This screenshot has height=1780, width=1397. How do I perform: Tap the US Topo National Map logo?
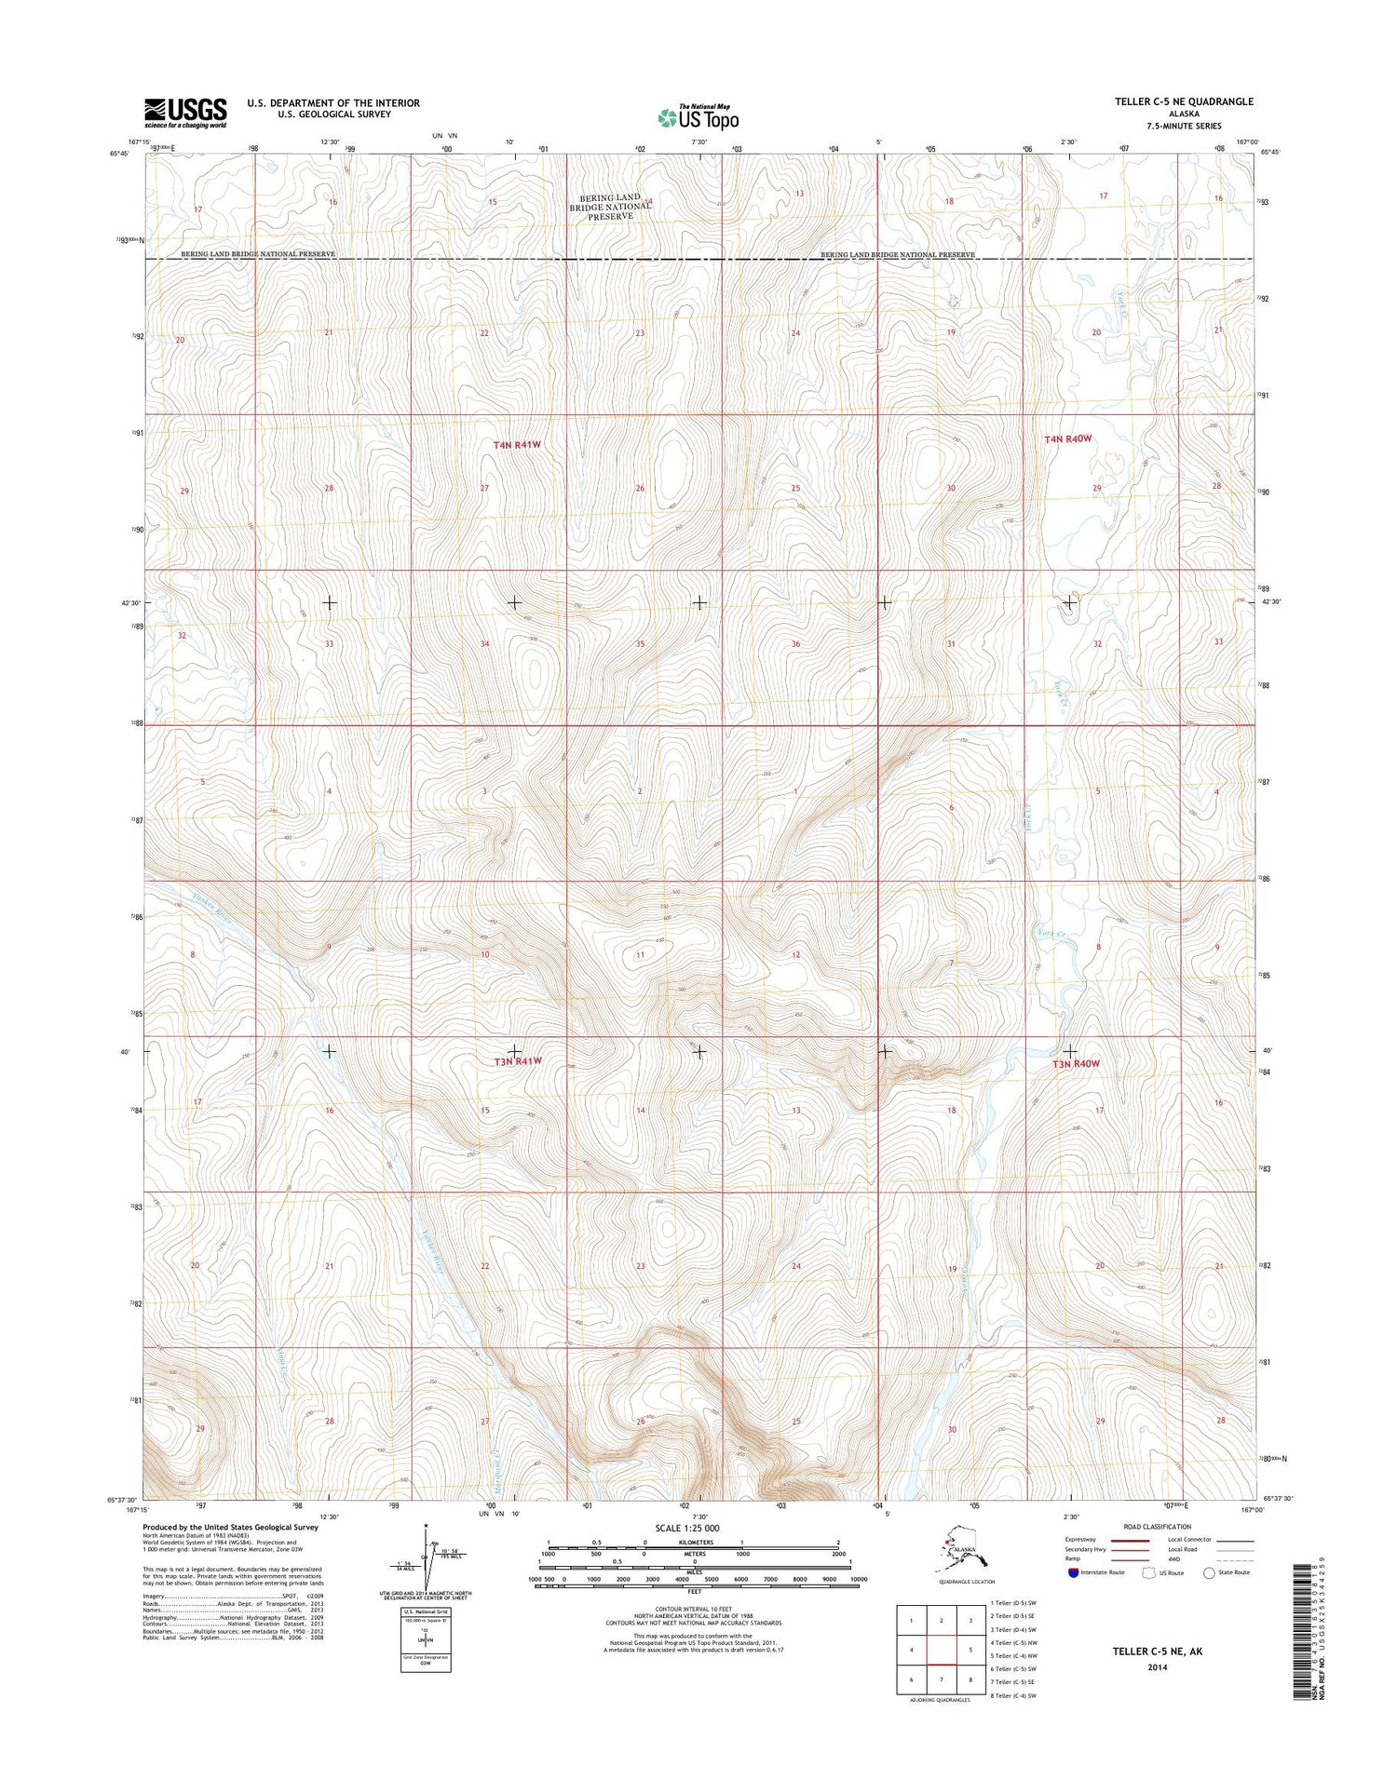(698, 116)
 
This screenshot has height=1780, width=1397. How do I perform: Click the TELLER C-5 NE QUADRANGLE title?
(1184, 101)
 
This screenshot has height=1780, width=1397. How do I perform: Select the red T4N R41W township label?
(517, 445)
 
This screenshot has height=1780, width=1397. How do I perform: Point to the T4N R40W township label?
(1066, 438)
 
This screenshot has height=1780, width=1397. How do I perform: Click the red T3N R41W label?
(517, 1060)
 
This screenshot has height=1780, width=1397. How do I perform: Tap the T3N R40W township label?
(1076, 1063)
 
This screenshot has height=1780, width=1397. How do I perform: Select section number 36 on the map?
(795, 644)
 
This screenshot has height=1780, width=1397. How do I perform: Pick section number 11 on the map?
(640, 955)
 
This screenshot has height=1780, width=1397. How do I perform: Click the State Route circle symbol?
(1209, 1572)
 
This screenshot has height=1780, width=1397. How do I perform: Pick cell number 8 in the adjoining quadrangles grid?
(971, 1679)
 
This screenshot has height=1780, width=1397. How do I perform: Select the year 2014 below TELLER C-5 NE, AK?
(1158, 1667)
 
